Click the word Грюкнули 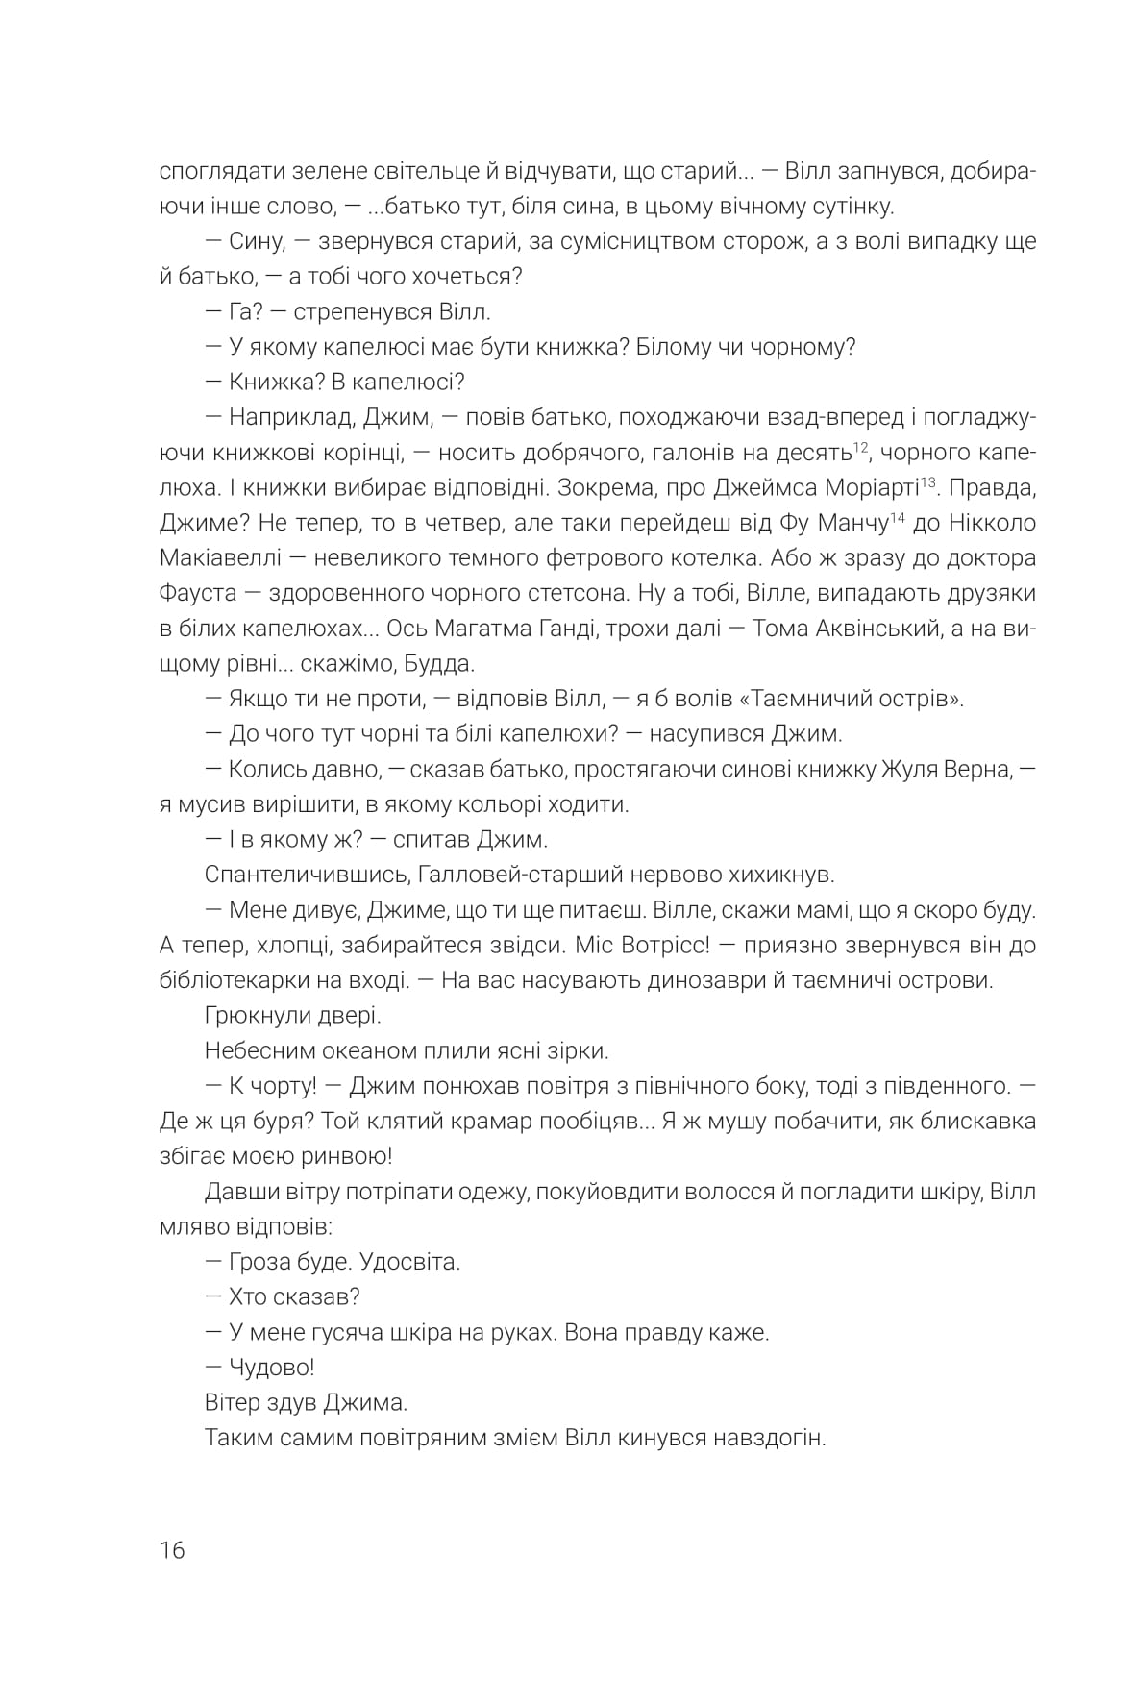[252, 1016]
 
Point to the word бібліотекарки [239, 981]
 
